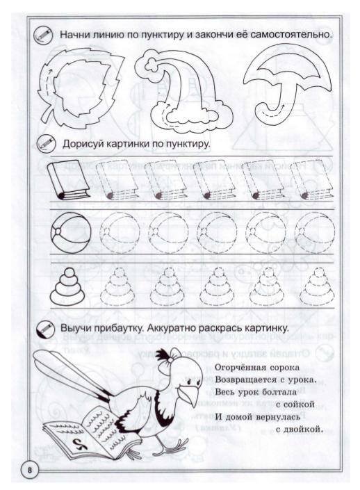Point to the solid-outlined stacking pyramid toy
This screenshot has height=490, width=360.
pos(70,286)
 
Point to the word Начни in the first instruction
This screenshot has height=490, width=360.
pos(76,34)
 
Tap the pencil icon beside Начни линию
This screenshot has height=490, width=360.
pos(42,33)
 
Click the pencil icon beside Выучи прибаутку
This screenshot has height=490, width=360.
pos(47,327)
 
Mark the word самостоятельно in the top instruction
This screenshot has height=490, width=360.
pos(291,34)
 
